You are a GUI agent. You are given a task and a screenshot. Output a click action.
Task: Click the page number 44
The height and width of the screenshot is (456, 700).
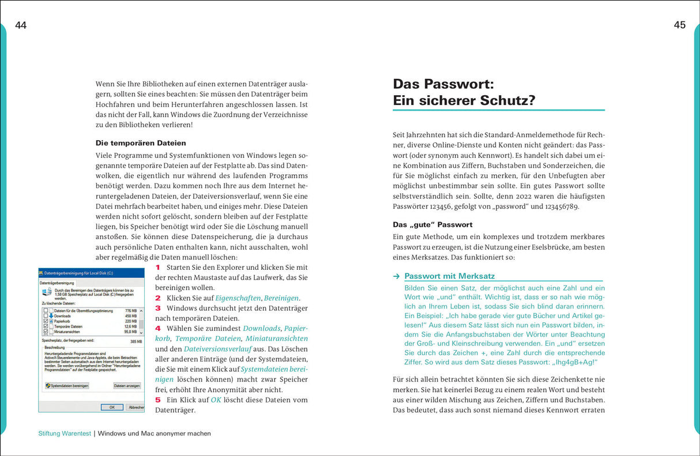21,25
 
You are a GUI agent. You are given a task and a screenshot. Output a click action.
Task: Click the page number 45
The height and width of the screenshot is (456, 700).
679,25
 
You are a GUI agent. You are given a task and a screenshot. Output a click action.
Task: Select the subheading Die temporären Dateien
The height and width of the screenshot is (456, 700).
141,142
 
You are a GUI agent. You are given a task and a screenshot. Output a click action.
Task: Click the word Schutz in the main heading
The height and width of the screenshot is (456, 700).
499,100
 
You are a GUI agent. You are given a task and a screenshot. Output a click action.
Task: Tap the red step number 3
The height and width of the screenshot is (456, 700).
158,308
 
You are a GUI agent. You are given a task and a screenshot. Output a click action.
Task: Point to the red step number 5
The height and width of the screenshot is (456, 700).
158,400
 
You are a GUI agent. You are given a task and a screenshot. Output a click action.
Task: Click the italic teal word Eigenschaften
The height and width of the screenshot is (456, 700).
238,298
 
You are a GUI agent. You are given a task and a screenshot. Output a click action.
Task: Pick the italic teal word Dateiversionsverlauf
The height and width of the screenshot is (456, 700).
217,349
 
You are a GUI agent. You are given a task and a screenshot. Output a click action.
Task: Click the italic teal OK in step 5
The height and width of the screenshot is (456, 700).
216,400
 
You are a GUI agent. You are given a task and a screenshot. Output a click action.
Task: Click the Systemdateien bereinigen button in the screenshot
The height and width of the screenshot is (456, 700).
67,386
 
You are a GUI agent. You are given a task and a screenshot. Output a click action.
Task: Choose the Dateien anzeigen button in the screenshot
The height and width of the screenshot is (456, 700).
127,386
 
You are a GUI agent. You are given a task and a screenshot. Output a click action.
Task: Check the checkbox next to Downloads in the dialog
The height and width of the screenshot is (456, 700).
46,316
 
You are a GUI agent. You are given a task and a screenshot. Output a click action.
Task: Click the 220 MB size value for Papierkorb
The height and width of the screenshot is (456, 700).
131,321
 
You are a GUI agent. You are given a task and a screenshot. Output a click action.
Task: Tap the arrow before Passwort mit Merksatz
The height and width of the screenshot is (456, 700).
396,276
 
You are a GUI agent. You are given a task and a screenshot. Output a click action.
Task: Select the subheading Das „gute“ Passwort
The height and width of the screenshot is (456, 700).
432,224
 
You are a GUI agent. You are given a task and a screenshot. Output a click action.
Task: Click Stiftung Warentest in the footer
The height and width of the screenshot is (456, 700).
61,434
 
